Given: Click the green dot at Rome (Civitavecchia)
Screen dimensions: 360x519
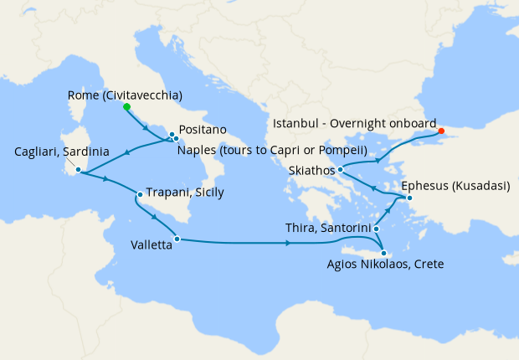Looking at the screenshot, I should click(x=126, y=107).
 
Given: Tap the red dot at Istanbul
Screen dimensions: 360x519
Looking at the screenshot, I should click(x=441, y=131).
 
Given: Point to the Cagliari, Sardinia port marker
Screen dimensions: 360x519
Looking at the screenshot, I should click(x=77, y=171).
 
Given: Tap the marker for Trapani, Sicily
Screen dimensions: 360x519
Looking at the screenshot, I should click(x=140, y=195).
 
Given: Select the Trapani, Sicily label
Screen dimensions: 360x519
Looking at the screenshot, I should click(x=185, y=192).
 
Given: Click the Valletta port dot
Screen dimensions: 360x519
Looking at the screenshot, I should click(x=177, y=239).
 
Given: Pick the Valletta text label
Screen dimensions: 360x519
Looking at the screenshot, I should click(x=152, y=246).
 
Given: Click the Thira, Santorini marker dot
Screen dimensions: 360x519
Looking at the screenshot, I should click(x=376, y=229).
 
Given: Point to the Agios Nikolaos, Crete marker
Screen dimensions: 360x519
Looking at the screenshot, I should click(x=383, y=254).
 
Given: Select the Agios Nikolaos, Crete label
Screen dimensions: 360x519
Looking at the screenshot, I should click(x=386, y=265).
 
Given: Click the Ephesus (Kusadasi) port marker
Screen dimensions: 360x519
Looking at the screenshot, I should click(x=409, y=198).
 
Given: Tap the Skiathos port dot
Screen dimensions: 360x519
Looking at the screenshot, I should click(x=341, y=170).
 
